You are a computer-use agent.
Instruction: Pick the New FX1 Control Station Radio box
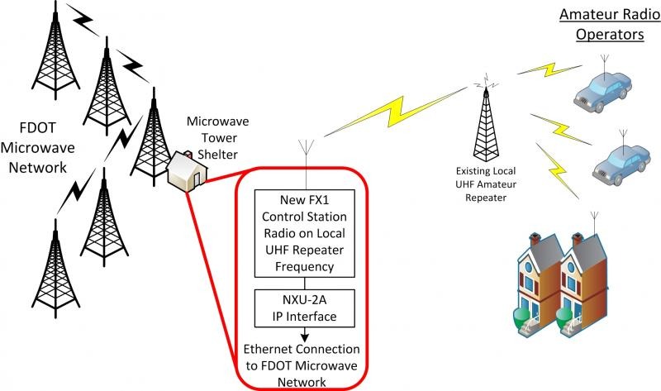pos(306,232)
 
